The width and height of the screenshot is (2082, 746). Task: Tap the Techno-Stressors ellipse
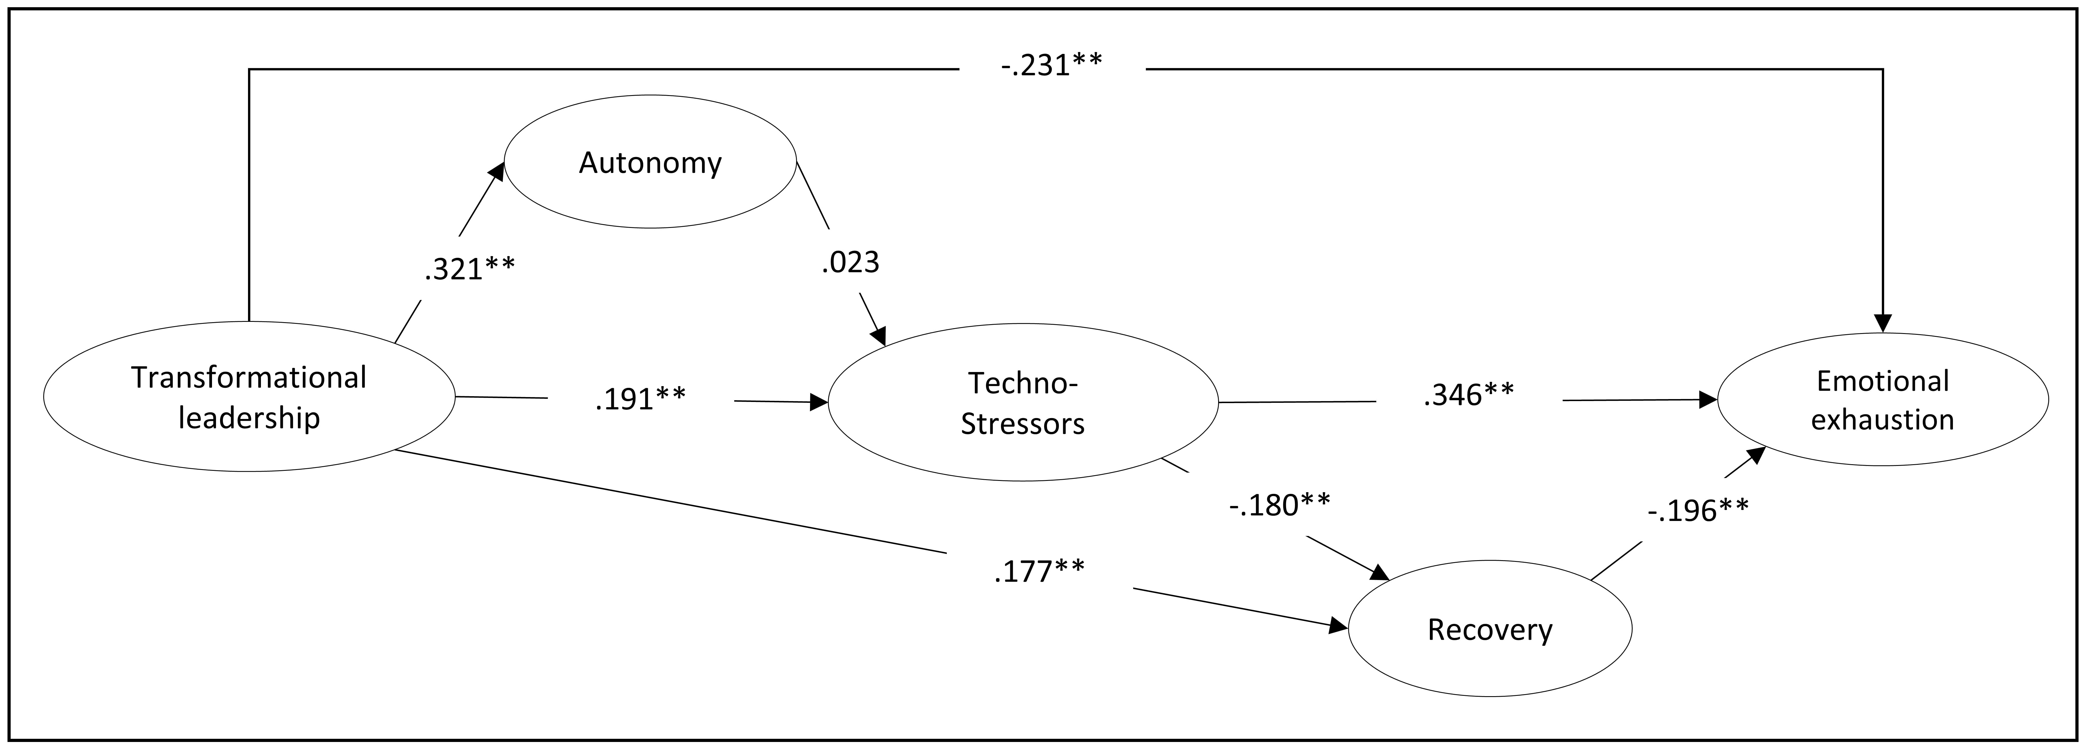pos(1022,403)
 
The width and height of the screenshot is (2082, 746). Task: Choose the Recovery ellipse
pos(1489,629)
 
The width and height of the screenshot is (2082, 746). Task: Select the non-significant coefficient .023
pos(850,262)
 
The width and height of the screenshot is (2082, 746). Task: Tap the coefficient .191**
pos(640,399)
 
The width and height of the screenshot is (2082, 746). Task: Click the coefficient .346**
pos(1468,394)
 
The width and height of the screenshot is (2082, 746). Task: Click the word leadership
pos(249,418)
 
